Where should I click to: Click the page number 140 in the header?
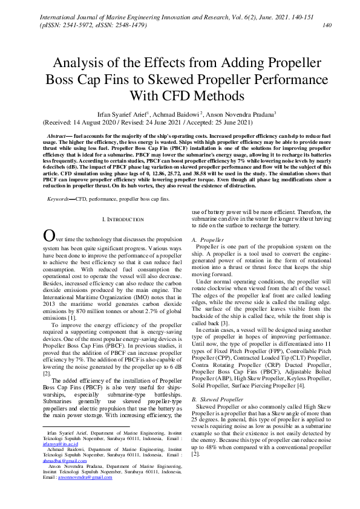tap(327, 25)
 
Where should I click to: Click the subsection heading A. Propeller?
tap(208, 240)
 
